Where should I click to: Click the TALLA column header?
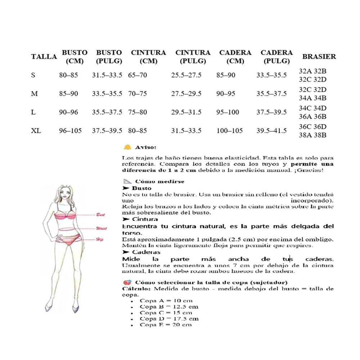(x=44, y=57)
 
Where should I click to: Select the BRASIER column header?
(x=319, y=57)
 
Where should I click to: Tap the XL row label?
(x=36, y=131)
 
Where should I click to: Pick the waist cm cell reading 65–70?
(x=138, y=75)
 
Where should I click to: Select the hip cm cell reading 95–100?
(x=228, y=112)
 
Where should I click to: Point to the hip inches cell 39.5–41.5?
(x=271, y=131)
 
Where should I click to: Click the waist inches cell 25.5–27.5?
(x=186, y=75)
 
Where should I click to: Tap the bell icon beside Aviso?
(x=127, y=147)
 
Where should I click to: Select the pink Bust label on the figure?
(x=100, y=215)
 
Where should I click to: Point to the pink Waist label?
(x=101, y=228)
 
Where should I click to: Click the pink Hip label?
(x=99, y=239)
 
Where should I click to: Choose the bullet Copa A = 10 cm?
(x=166, y=301)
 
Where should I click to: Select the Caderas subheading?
(x=146, y=252)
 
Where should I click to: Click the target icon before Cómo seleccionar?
(x=127, y=282)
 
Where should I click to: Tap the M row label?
(x=35, y=94)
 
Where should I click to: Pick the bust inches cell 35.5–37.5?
(x=107, y=112)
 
